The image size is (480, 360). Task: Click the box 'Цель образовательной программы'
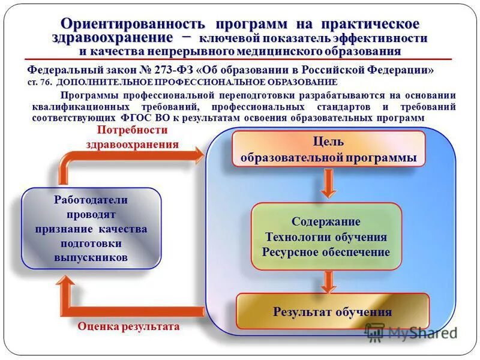pyautogui.click(x=328, y=149)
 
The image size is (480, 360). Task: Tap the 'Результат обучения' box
pyautogui.click(x=332, y=311)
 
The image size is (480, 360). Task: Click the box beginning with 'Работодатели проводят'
pyautogui.click(x=91, y=228)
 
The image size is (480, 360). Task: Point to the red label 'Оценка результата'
pyautogui.click(x=128, y=327)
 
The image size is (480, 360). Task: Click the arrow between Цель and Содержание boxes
pyautogui.click(x=328, y=184)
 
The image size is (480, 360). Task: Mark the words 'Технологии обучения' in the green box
pyautogui.click(x=326, y=237)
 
